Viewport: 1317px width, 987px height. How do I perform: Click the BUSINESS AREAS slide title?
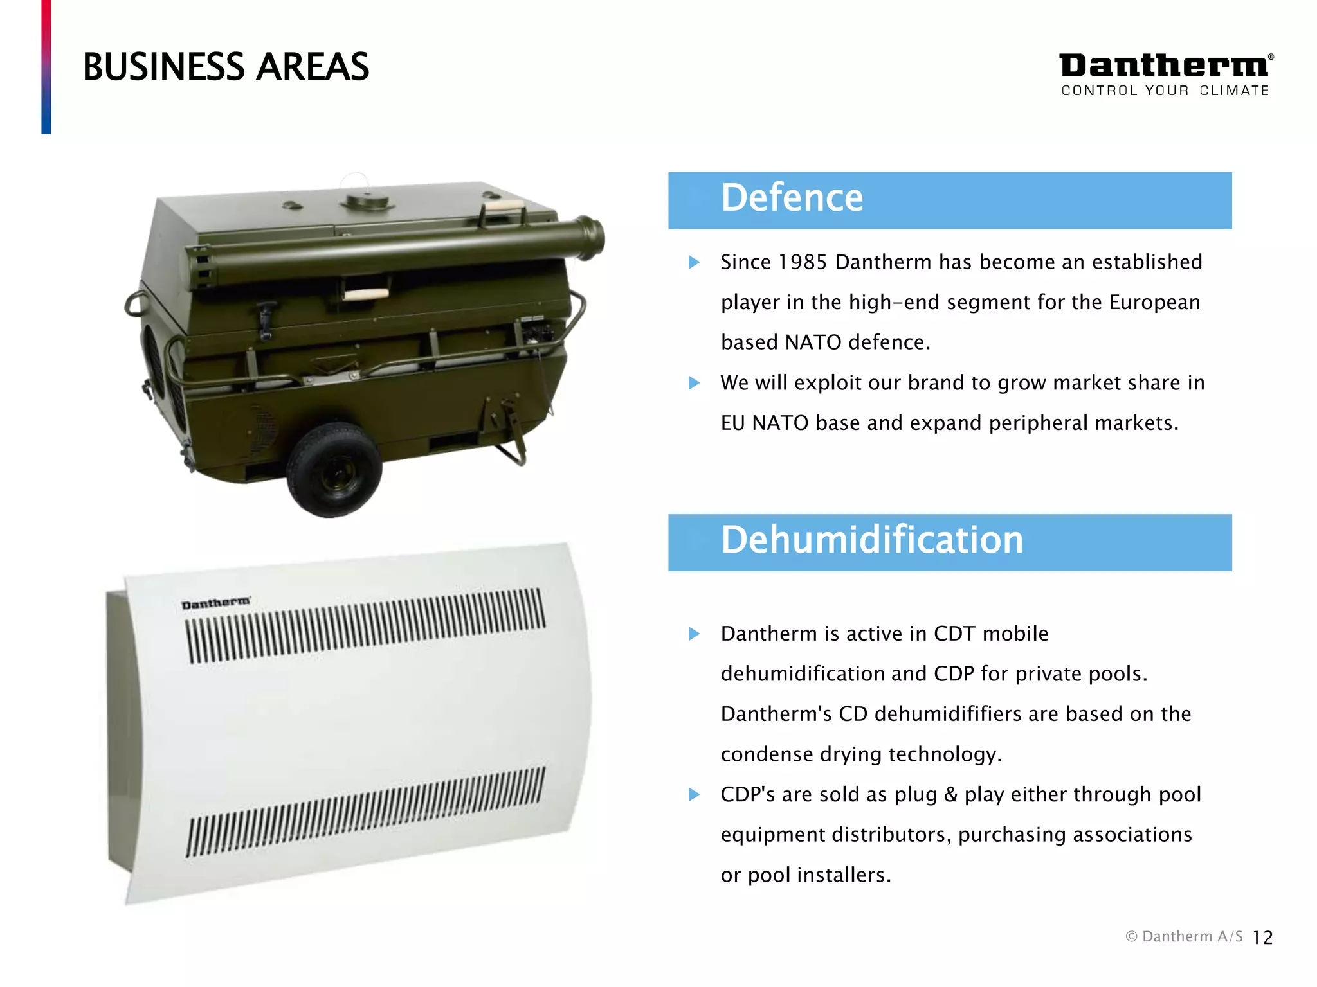point(226,67)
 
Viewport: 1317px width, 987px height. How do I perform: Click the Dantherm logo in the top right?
point(1164,66)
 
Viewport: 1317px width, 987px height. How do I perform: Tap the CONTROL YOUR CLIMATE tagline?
point(1165,91)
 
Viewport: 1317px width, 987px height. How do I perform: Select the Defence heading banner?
point(949,200)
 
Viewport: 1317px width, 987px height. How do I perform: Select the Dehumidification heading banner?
point(949,542)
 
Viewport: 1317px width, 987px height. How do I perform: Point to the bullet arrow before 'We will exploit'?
point(694,383)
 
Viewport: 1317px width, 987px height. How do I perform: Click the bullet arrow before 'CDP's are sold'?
point(694,794)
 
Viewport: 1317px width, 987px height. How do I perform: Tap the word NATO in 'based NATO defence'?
point(813,342)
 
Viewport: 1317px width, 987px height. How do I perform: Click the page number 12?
point(1262,938)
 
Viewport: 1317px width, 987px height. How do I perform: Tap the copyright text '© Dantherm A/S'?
point(1183,937)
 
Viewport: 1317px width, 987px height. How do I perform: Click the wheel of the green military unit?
point(334,470)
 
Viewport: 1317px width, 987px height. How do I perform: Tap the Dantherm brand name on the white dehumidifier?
point(215,603)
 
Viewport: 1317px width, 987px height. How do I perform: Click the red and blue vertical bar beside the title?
point(46,67)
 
